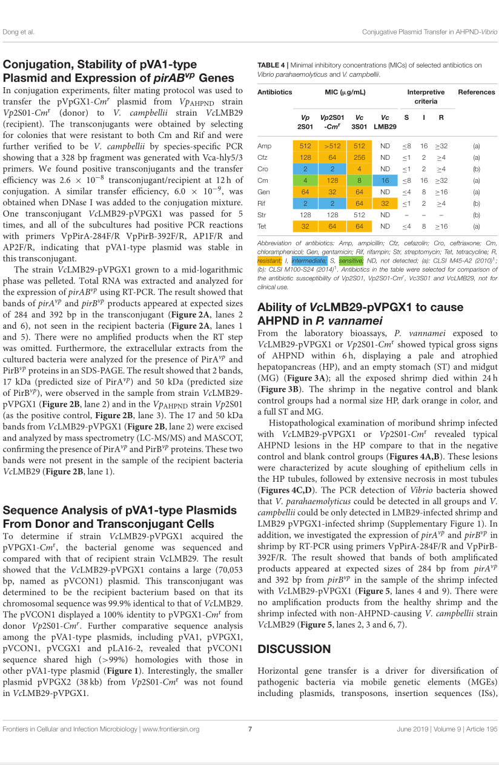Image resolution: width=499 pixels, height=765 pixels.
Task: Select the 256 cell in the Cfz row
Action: (x=360, y=157)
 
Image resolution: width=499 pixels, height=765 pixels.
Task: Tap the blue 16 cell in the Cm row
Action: (x=385, y=180)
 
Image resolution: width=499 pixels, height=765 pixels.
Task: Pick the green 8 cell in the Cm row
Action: (x=360, y=180)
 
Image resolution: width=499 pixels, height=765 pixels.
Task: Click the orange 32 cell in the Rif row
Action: (x=385, y=203)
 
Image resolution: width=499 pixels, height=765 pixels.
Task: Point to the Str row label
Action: (x=263, y=215)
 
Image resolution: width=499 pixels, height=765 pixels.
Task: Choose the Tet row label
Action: (x=263, y=226)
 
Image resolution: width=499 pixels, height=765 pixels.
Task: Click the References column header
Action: (x=477, y=92)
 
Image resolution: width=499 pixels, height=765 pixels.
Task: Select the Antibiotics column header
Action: (x=275, y=92)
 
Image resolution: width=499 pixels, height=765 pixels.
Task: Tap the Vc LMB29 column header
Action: (x=385, y=122)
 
